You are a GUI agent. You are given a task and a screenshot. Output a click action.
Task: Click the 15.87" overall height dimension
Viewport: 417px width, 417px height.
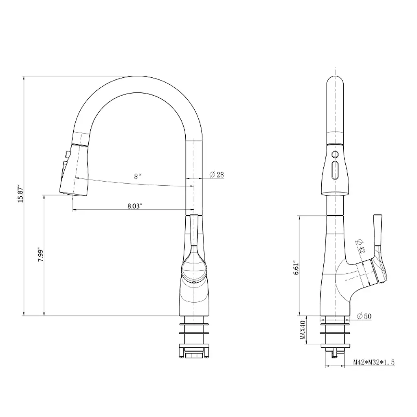(20, 193)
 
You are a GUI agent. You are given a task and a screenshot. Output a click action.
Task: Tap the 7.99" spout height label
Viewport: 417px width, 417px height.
(40, 255)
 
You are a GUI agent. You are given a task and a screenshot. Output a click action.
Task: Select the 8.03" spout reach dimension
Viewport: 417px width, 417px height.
(135, 206)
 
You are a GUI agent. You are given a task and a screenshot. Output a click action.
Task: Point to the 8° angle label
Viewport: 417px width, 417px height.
(137, 176)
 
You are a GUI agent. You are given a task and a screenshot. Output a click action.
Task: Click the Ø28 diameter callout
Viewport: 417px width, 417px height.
(217, 175)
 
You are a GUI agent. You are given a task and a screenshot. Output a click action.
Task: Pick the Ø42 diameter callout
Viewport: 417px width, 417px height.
(360, 246)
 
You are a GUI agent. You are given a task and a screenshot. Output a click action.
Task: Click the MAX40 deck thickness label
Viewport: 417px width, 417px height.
(303, 330)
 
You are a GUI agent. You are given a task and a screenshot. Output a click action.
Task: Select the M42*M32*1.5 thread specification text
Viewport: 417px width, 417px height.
(374, 362)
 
